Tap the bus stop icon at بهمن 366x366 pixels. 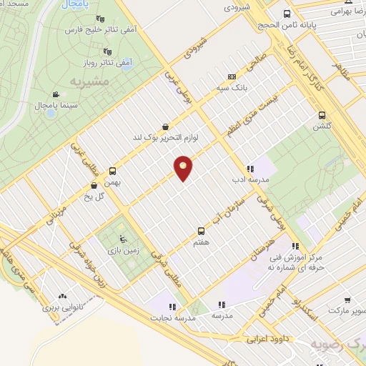[x=112, y=172]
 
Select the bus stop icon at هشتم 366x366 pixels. [x=201, y=231]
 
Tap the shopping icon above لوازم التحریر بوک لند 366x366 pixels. [x=166, y=126]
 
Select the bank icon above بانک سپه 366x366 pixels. [x=231, y=76]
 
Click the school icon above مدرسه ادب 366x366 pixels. [x=249, y=169]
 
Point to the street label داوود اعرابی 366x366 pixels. [x=267, y=337]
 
